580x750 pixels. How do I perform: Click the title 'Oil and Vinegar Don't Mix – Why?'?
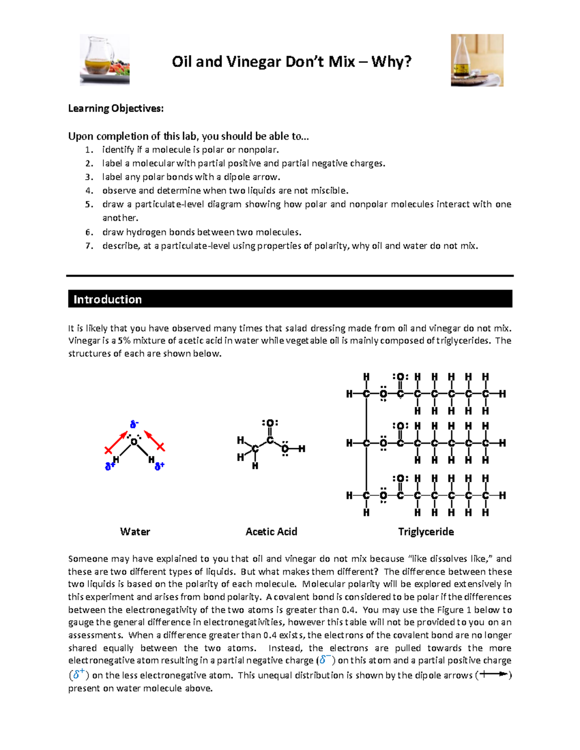(x=291, y=62)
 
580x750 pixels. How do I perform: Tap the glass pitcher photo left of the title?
(x=104, y=59)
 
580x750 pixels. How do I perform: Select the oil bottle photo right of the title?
(x=477, y=60)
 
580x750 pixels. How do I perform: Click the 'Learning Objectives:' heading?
(x=116, y=108)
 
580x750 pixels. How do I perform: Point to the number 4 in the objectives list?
(x=88, y=190)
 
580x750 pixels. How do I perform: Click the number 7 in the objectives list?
(x=88, y=246)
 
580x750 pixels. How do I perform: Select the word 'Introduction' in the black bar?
(x=107, y=299)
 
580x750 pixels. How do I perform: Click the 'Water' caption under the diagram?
(x=135, y=532)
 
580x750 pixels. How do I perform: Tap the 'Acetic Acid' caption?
(x=271, y=532)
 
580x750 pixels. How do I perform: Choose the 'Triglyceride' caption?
(x=426, y=532)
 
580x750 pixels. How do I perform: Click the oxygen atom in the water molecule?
(x=134, y=441)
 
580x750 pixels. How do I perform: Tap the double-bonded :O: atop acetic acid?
(x=270, y=424)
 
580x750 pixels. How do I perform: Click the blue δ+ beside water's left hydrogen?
(x=110, y=466)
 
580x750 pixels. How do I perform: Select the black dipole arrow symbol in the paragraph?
(x=493, y=674)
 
